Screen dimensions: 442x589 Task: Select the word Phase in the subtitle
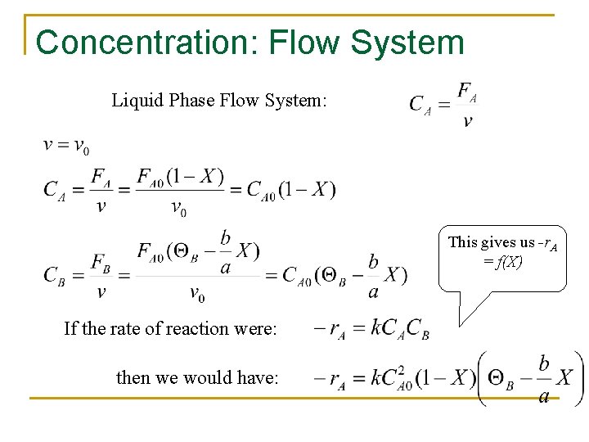coord(189,101)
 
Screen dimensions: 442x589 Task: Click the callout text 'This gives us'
coord(491,242)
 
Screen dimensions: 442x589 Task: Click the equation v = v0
coord(66,147)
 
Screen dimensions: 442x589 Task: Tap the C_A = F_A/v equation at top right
coord(443,105)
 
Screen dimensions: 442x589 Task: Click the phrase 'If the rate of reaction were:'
coord(170,329)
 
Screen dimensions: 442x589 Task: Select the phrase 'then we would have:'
coord(197,377)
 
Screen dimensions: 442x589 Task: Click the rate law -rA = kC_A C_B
coord(371,329)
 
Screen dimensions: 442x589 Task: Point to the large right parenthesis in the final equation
coord(578,377)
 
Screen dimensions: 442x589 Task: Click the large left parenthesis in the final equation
coord(482,377)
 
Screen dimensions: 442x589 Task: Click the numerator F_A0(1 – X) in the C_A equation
coord(180,177)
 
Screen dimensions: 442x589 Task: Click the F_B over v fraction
coord(101,277)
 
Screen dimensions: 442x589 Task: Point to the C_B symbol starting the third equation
coord(56,275)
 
